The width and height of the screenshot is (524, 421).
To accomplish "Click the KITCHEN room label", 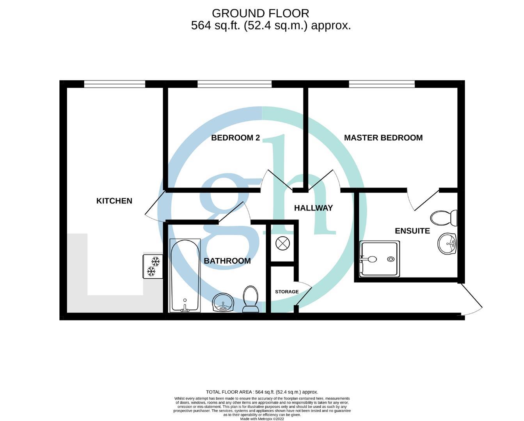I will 114,201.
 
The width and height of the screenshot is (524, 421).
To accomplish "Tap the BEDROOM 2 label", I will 235,138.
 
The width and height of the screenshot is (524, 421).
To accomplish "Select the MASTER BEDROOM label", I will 383,138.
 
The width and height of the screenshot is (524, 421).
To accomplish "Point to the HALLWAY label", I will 313,208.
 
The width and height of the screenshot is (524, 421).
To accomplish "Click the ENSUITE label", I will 412,231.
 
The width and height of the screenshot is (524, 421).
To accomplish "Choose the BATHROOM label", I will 227,261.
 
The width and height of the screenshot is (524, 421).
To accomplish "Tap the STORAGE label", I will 287,292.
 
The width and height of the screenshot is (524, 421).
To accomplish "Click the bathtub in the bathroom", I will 185,275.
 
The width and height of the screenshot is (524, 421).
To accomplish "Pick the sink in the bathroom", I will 223,302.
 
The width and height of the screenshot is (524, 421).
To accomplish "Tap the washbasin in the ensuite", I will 447,244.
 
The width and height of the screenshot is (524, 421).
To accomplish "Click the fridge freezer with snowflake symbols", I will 153,266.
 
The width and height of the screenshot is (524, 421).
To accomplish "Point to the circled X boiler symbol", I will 282,244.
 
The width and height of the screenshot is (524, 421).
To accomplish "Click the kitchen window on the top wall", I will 114,84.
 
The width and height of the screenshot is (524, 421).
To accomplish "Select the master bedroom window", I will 382,84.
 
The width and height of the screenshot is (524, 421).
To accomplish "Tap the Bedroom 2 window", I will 234,84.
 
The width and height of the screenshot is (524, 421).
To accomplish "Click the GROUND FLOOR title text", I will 260,13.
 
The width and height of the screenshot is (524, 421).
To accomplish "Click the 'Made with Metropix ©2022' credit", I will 262,419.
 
